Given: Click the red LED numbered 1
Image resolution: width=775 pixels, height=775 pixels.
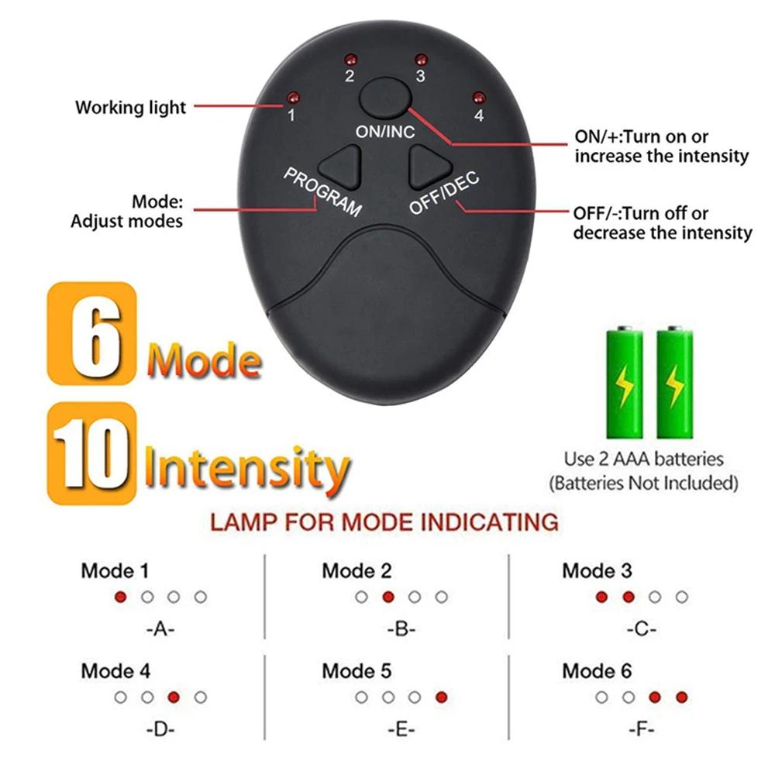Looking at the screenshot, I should pos(292,98).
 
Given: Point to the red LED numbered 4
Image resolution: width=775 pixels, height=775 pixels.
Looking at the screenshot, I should pos(478,98).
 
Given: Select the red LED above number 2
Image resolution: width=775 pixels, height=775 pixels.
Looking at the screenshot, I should pos(350,60).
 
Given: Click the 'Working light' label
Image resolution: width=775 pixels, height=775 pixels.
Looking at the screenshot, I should pos(130,107).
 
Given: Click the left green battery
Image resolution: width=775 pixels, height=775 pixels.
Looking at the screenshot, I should pos(623,382).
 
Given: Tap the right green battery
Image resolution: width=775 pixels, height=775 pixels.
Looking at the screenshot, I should pos(674,382).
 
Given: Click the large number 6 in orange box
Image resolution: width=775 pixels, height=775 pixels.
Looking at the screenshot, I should pos(91,332).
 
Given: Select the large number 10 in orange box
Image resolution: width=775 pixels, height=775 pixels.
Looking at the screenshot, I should pos(91,453).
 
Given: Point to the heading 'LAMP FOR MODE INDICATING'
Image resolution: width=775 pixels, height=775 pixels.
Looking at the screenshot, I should pos(384,522).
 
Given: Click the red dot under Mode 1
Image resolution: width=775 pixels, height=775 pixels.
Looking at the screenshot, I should pos(120,597).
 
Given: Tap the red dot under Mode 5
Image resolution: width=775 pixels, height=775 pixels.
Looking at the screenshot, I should pos(441,697).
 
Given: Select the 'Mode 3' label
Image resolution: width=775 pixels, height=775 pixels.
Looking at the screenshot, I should pos(597,571).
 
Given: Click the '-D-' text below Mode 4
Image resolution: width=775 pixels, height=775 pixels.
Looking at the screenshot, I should pos(160,728).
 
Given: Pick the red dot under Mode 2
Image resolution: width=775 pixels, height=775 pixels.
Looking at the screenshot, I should pos(388,597).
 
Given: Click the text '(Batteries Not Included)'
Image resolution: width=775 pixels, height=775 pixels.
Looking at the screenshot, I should pos(642,484).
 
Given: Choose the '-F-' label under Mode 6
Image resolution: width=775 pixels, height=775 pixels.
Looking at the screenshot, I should pos(641,728).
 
